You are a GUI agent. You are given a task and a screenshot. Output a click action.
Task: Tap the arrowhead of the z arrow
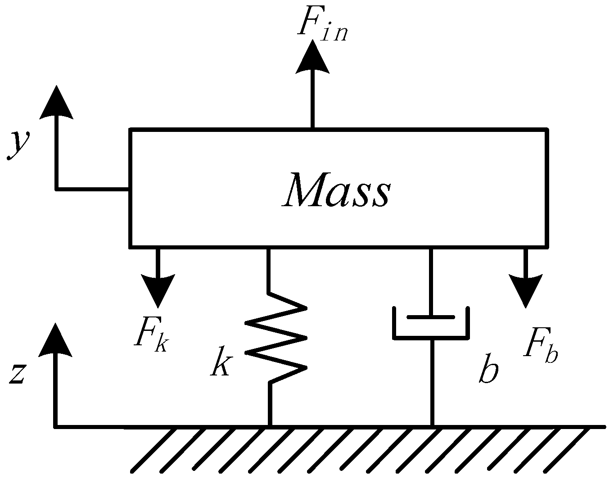pos(56,340)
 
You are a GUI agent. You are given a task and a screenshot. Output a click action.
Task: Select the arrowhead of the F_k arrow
pos(158,290)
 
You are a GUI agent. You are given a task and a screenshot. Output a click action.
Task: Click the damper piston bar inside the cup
pos(431,317)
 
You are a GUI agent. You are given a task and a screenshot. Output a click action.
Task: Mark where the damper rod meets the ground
pos(432,425)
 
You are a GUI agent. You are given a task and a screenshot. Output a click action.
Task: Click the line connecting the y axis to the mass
pos(92,189)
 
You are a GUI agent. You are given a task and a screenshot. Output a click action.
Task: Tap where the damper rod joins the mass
pos(431,248)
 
